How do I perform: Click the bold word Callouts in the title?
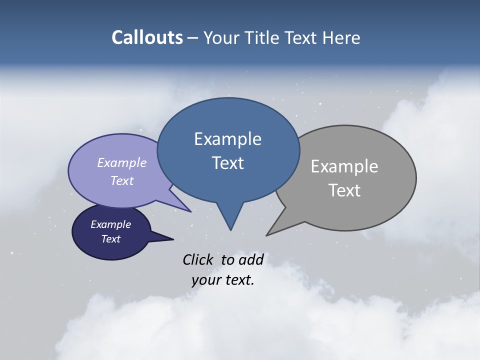coord(147,37)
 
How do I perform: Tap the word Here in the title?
coord(341,37)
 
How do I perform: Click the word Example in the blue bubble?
coord(227,139)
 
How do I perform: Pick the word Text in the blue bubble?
coord(227,163)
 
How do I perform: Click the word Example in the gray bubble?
coord(344,166)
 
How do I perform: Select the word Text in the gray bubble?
coord(344,190)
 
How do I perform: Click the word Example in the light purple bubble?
coord(122,162)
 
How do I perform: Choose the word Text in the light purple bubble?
coord(122,180)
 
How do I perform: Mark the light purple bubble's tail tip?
coord(190,211)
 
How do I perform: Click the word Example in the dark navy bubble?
coord(110,224)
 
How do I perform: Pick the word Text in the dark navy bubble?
coord(110,239)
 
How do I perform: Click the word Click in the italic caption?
coord(197,259)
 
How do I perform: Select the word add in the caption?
coord(251,259)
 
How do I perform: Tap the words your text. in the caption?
coord(223,280)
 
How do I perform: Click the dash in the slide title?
coord(193,38)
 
